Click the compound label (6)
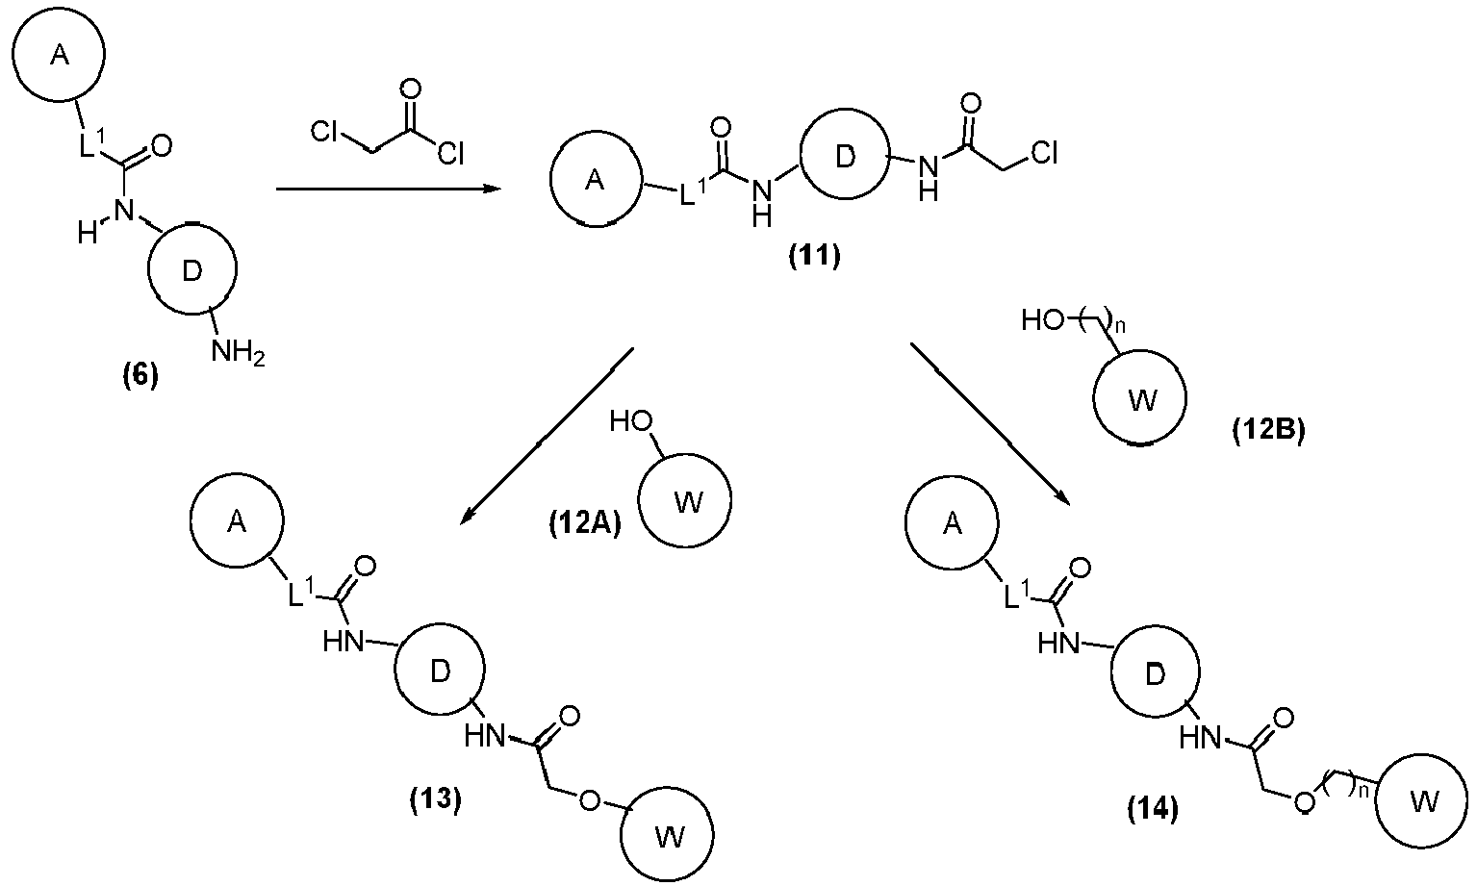coord(140,376)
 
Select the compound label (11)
coord(815,256)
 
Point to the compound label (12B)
coord(1268,430)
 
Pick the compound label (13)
coord(436,799)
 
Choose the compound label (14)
coord(1153,808)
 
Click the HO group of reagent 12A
coord(631,421)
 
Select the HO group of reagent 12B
coord(1042,320)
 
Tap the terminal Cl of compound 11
coord(1044,153)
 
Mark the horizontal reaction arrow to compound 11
coord(389,190)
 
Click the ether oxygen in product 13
coord(590,800)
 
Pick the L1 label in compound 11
coord(693,191)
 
